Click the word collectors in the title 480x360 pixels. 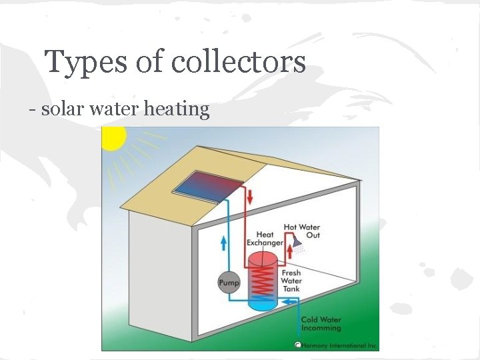point(238,62)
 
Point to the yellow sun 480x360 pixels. point(111,137)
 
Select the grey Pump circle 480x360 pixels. point(229,283)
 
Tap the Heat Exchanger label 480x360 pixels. point(265,239)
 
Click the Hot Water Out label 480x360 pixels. point(302,231)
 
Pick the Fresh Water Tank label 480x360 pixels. point(291,280)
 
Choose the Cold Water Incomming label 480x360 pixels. point(321,323)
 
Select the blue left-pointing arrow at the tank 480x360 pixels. point(288,302)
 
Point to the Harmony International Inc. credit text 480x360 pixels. point(341,345)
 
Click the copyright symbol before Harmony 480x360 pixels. point(298,345)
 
